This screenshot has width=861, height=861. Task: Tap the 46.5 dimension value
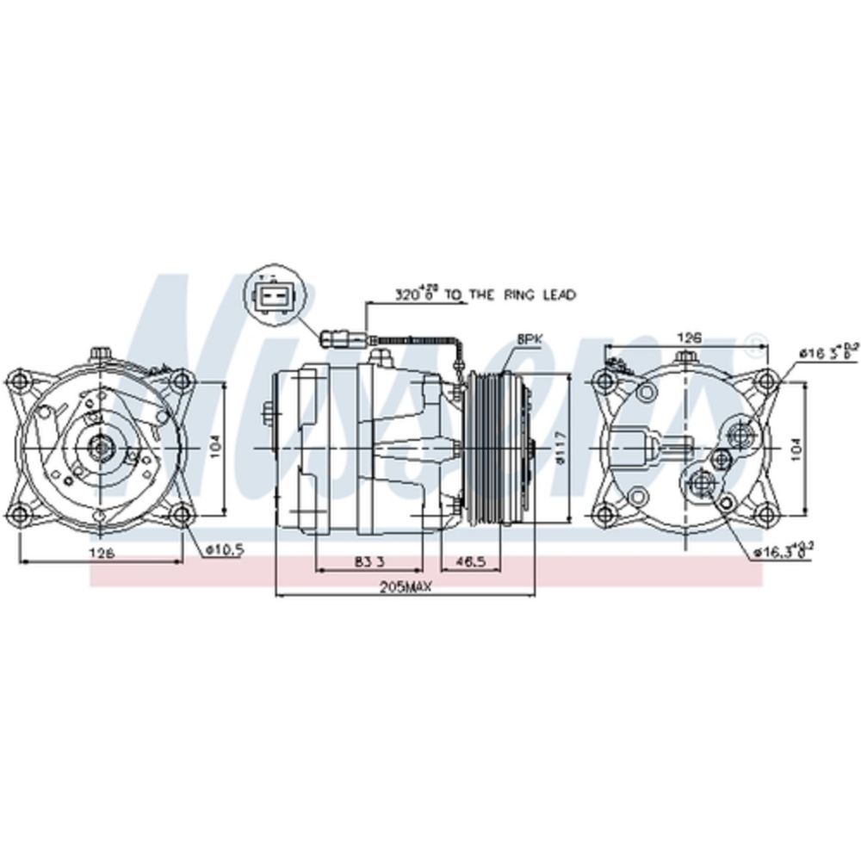coord(472,561)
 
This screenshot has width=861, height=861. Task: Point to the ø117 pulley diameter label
coord(561,448)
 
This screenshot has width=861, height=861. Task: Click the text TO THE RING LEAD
coord(522,295)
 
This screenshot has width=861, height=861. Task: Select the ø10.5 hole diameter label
coord(224,550)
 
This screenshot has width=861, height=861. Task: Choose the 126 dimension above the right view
coord(685,338)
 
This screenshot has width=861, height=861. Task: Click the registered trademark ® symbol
coord(755,338)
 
